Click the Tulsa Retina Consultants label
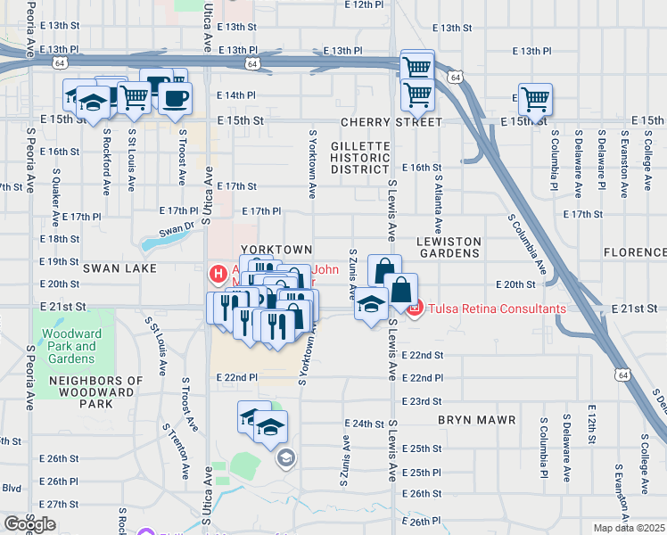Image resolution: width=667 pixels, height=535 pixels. coord(497,309)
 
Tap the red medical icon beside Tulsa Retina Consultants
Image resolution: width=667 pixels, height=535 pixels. coord(415,309)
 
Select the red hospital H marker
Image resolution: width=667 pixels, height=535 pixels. coord(215,272)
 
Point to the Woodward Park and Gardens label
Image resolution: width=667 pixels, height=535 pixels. coord(68,346)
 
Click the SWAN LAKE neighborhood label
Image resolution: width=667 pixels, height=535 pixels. coord(120,267)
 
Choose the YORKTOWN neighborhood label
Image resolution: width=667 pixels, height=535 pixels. coord(277,250)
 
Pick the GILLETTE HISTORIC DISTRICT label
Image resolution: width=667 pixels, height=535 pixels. coord(360,157)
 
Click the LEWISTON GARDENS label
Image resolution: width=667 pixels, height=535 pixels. coord(449,248)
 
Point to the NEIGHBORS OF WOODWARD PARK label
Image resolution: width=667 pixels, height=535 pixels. coord(96,392)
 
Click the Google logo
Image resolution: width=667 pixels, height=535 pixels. coord(29,524)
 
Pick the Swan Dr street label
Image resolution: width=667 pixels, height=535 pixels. coord(177,230)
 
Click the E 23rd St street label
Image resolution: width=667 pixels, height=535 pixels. coord(422,401)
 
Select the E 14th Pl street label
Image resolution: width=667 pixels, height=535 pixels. coord(236,95)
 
